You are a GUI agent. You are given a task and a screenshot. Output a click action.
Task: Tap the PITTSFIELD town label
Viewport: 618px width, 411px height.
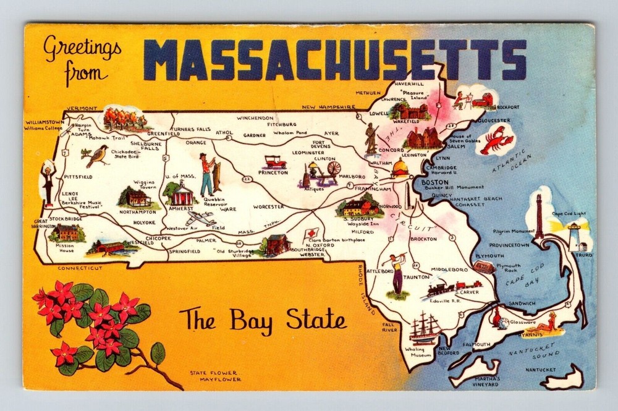77,177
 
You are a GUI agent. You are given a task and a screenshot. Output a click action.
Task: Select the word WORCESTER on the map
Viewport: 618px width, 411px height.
268,206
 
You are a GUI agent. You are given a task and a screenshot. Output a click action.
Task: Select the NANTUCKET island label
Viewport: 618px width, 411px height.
541,370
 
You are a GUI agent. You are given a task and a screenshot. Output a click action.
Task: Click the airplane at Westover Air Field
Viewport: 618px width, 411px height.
201,219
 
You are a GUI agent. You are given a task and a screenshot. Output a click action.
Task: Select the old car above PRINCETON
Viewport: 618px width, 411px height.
274,162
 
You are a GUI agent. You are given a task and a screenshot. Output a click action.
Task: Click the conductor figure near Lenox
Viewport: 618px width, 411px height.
48,182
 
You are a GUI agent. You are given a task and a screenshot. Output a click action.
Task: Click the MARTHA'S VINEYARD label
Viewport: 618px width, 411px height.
483,381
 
